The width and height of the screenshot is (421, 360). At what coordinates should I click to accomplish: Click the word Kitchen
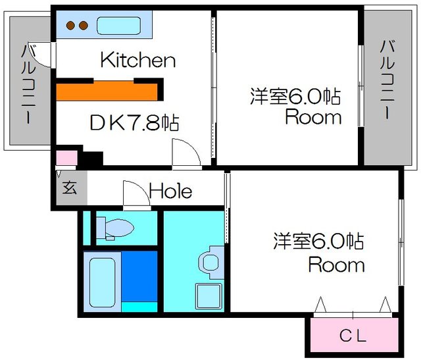point(138,60)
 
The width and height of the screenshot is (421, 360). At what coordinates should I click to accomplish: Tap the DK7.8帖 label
point(134,122)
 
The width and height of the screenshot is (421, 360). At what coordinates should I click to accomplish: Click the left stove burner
point(70,26)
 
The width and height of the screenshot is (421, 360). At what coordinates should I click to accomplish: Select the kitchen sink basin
point(118,26)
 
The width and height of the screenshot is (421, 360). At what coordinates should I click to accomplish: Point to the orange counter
point(107,92)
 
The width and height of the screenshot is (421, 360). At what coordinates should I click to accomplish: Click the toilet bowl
point(120,228)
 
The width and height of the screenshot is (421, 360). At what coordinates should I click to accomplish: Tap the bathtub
point(103,282)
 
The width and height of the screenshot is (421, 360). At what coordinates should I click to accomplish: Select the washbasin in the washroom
point(210,263)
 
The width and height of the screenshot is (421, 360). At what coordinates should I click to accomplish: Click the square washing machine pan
point(209,296)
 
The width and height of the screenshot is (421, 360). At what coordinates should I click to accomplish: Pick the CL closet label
point(353,336)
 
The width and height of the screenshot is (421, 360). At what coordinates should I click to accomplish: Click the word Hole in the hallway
point(170,191)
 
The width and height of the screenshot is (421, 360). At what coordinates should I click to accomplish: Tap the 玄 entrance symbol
point(70,188)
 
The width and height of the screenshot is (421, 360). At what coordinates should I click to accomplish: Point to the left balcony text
point(28,84)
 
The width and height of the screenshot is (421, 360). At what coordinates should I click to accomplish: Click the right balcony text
point(387,79)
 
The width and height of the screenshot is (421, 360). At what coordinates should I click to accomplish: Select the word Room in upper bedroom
point(313,117)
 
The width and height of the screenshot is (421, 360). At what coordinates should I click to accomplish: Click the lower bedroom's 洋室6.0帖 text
point(318,241)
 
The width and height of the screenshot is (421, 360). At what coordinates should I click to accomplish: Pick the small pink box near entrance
point(66,158)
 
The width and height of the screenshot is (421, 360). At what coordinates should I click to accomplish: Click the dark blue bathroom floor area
point(139,276)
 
